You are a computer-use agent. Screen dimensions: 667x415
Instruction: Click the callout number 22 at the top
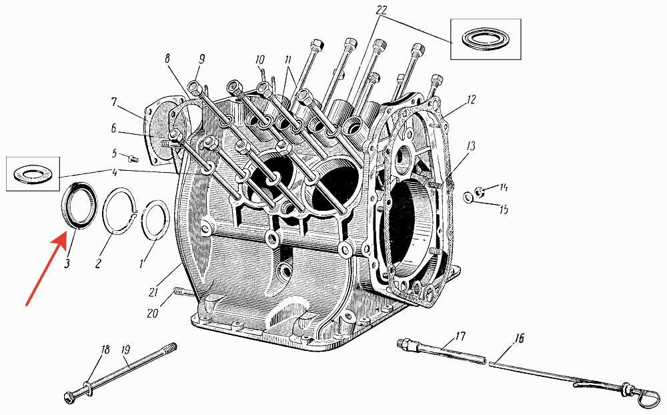coord(381,10)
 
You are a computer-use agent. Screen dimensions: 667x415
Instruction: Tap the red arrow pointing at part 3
coord(46,269)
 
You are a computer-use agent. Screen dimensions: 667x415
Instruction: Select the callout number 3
coord(67,264)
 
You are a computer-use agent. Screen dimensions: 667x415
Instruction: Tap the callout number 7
coord(113,102)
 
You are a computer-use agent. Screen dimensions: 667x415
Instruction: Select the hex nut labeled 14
coord(480,192)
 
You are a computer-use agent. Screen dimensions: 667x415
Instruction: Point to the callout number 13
coord(470,146)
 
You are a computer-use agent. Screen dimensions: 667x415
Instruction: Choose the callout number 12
coord(471,99)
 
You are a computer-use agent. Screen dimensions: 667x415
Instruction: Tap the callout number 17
coord(460,336)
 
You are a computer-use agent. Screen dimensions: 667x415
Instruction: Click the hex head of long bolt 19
coord(69,396)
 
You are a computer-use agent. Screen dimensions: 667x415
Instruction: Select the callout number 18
coord(105,350)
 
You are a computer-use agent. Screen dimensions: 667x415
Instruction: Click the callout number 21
coord(153,292)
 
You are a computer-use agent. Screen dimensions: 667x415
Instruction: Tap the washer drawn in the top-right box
coord(486,39)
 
